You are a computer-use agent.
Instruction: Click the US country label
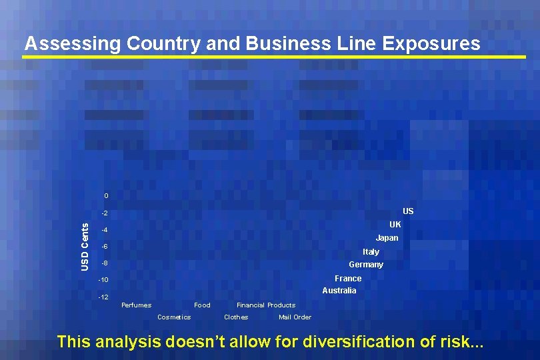pos(408,211)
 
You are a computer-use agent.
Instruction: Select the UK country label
pos(395,225)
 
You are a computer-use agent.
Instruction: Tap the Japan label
pos(387,238)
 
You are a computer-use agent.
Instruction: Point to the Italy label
pos(371,252)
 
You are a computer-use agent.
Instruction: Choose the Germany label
pos(366,265)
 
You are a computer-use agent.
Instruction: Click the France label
pos(348,279)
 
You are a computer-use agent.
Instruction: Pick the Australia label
pos(339,291)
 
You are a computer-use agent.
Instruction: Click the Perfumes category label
pos(136,305)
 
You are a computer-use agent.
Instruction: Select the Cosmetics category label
pos(174,317)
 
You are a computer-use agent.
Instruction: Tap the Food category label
pos(202,305)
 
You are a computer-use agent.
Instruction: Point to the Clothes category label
pos(236,317)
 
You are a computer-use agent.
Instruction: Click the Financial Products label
pos(266,305)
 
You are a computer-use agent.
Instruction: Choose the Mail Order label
pos(295,317)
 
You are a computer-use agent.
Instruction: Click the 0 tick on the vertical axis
pos(105,196)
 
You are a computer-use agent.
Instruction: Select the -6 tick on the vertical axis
pos(104,247)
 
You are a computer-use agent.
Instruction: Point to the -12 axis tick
pos(103,297)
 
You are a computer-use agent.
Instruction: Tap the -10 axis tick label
pos(103,280)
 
